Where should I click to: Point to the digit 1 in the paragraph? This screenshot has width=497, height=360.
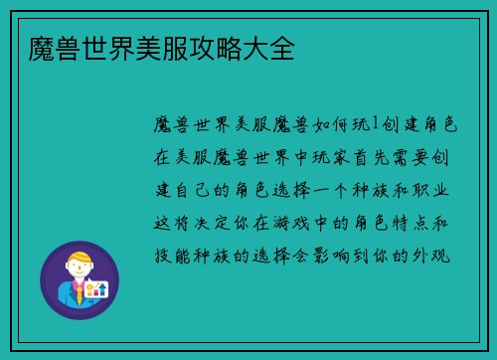[375, 124]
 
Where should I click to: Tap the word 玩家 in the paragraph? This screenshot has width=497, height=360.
[330, 156]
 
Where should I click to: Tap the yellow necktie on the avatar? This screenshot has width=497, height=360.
[78, 292]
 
